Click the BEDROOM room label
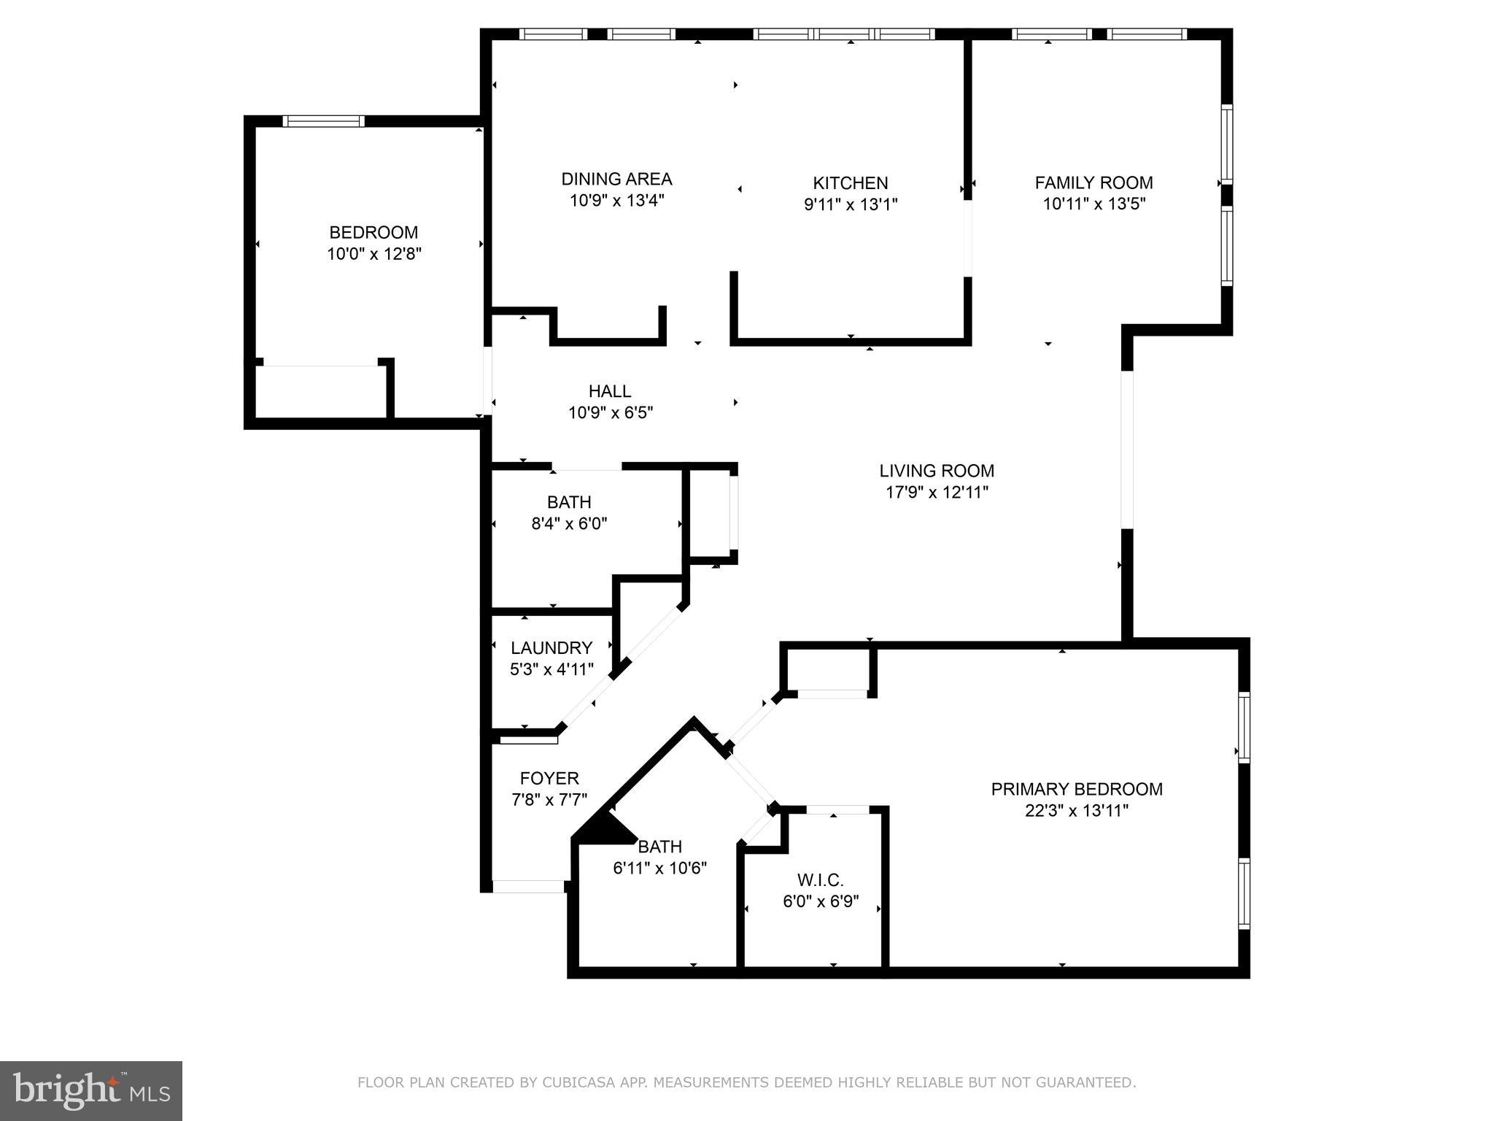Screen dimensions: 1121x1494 point(373,232)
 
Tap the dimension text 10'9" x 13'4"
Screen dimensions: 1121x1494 point(616,201)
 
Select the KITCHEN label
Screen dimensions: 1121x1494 point(851,182)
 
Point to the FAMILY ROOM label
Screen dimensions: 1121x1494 point(1094,182)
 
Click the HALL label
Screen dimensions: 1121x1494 point(610,391)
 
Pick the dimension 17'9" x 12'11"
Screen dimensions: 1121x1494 point(937,493)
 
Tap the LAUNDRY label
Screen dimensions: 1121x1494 point(551,648)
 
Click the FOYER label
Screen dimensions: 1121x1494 point(549,779)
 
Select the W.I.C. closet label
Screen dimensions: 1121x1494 point(821,880)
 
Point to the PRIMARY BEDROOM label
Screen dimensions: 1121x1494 point(1077,789)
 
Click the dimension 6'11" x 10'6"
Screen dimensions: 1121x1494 point(660,868)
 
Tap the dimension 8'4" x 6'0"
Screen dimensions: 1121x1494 point(569,523)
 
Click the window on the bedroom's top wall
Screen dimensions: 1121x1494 point(323,121)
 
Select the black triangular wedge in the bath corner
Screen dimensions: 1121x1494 point(604,831)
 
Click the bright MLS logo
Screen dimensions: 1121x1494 point(90,1090)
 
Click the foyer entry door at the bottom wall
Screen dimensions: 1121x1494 point(528,887)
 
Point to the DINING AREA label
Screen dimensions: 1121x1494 point(616,179)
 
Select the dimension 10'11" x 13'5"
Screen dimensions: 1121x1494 point(1094,204)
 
